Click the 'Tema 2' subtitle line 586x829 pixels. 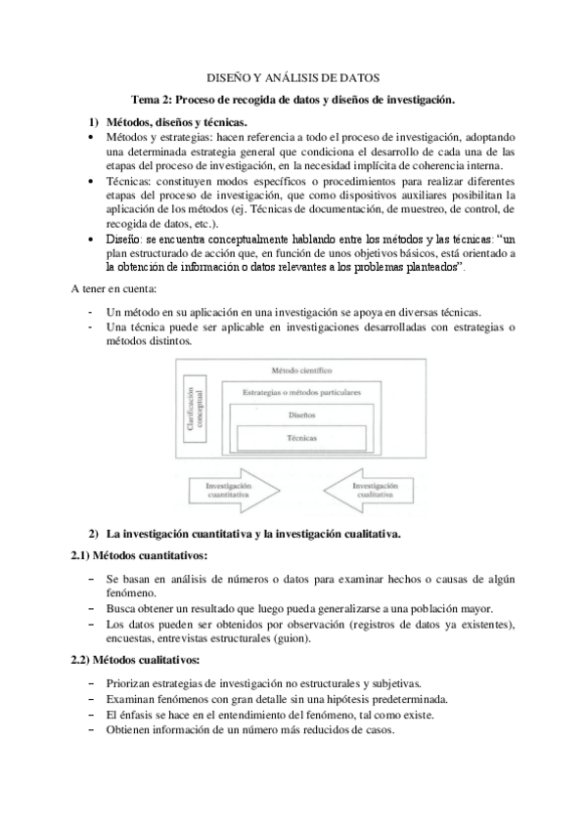click(293, 100)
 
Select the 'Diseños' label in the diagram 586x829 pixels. click(301, 414)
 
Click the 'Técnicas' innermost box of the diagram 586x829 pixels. click(301, 439)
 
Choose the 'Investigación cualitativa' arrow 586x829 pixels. click(371, 491)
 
